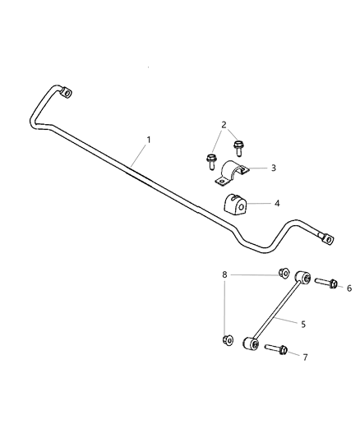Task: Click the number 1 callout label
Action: pos(149,140)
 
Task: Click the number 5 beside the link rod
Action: pos(303,324)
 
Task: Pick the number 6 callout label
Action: pos(348,288)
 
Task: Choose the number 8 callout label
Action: pos(224,274)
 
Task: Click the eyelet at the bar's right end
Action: pos(328,239)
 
